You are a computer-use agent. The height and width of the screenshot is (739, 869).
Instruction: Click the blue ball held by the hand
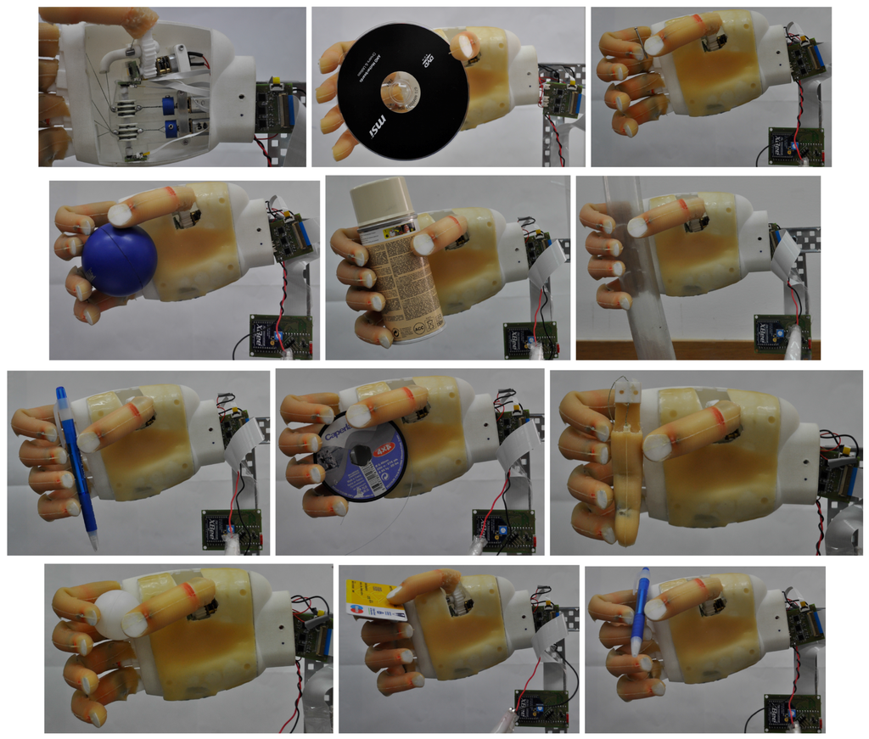tap(119, 259)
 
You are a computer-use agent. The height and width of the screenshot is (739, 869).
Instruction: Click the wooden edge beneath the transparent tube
tap(696, 349)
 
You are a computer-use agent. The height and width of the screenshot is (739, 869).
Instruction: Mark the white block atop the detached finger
tap(627, 392)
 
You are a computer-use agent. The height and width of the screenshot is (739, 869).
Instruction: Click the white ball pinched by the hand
tap(113, 613)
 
